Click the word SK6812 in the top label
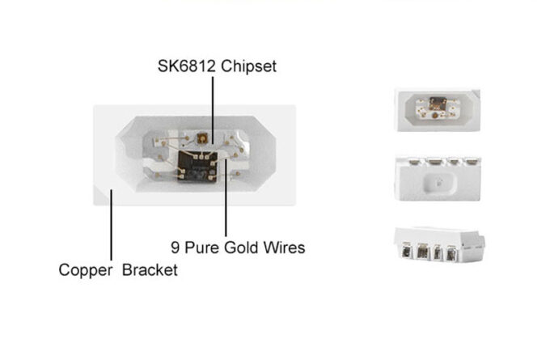pos(186,66)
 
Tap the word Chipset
pos(248,66)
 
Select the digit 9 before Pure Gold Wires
pos(175,248)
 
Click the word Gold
pos(242,248)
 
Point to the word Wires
pos(284,248)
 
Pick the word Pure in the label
pos(202,248)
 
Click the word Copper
pos(86,271)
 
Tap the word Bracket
pos(150,270)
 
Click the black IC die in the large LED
pos(197,167)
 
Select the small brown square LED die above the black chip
pos(202,138)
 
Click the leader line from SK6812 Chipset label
pos(213,110)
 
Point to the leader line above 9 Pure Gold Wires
pos(226,197)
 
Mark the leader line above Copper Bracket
pos(111,225)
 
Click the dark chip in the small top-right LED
pos(438,104)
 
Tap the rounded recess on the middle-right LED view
pos(439,183)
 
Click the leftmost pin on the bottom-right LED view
pos(407,251)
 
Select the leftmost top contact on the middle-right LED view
pos(415,162)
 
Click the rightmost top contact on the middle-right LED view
pos(472,162)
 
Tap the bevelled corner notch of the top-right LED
pos(476,94)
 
